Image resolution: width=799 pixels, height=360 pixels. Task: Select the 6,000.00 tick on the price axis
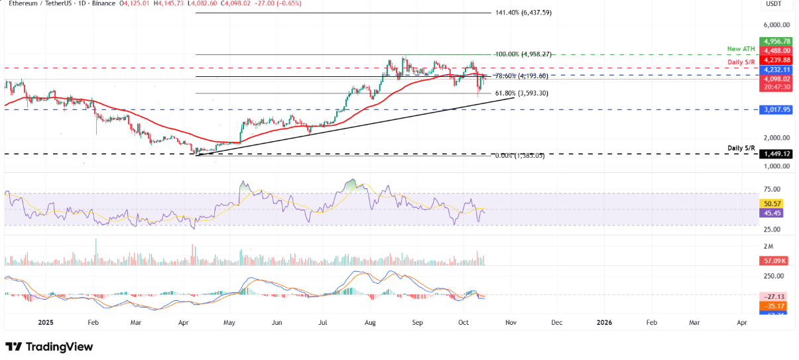coord(776,25)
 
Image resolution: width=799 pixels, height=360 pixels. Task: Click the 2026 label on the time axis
coord(604,322)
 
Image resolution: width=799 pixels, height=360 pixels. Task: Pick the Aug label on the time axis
coord(369,322)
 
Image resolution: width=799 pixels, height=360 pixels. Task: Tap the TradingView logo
coord(49,347)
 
